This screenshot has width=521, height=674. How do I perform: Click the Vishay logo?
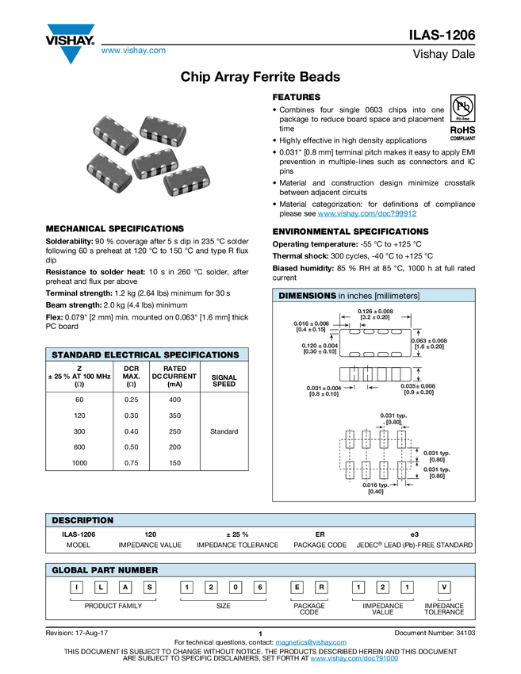(70, 44)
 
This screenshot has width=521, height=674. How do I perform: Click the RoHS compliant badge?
(463, 132)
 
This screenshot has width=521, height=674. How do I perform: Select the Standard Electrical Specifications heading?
(145, 355)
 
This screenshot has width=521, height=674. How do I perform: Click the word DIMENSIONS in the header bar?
(308, 296)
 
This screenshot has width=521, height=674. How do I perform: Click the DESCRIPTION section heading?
(82, 521)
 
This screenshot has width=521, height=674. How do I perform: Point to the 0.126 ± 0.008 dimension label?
(376, 312)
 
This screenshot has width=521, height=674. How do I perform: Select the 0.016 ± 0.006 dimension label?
(312, 324)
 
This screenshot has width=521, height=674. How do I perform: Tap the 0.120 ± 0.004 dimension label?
(320, 346)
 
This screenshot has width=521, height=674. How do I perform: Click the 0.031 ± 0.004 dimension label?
(323, 388)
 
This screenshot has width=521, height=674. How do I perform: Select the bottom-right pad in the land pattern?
(401, 470)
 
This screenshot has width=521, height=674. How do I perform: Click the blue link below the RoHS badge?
(367, 214)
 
